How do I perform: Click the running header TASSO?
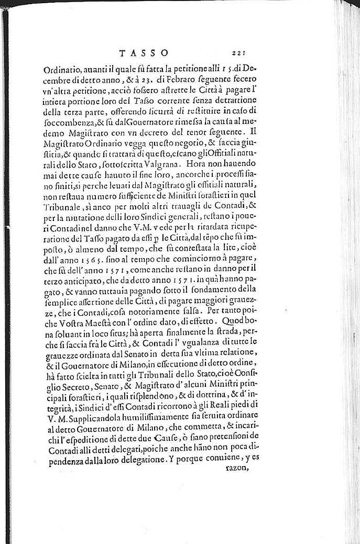[144, 52]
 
